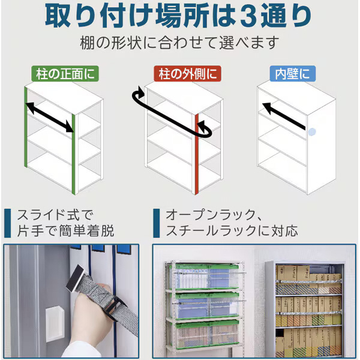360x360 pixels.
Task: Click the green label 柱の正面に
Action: point(65,74)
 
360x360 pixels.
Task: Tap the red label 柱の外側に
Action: point(187,74)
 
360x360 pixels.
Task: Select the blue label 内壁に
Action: point(293,74)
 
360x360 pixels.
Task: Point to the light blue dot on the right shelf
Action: point(312,132)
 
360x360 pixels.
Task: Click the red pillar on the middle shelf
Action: point(197,154)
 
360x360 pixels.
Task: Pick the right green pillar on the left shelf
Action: point(73,154)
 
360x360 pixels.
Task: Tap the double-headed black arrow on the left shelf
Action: point(49,118)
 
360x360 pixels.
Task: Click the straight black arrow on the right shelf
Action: point(284,116)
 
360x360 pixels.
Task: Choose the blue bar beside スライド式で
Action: point(7,223)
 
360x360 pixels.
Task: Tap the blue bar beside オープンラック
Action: point(157,223)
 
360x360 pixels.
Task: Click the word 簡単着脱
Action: point(86,231)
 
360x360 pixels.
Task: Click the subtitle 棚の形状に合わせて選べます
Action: point(180,43)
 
